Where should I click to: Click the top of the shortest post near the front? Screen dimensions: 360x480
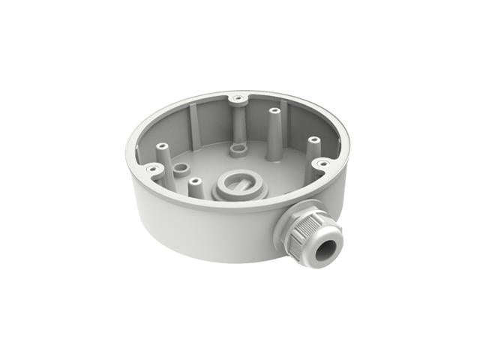point(193,181)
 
